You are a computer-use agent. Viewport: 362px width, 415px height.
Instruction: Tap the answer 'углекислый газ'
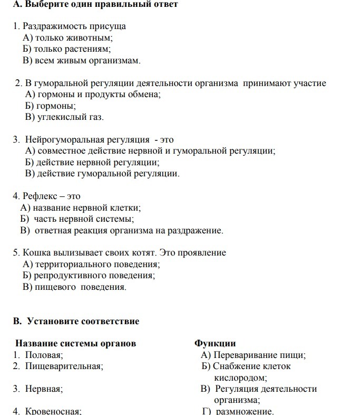(x=69, y=117)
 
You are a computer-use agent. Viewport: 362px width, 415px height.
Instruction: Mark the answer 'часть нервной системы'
(x=84, y=219)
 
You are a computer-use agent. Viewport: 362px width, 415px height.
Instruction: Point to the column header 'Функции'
(x=215, y=344)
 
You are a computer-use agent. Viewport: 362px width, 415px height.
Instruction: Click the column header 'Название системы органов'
(x=75, y=344)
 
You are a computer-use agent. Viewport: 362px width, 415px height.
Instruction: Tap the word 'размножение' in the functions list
(x=244, y=411)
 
